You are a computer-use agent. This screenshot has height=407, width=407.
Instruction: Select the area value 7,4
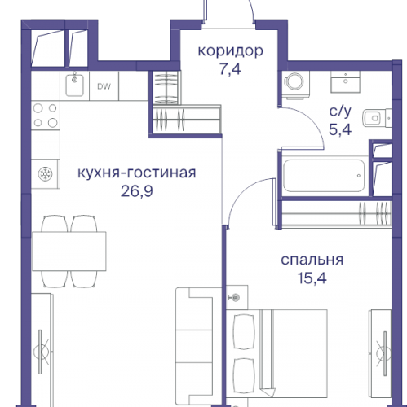tap(231, 70)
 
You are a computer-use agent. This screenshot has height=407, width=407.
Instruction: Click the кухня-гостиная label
tap(137, 173)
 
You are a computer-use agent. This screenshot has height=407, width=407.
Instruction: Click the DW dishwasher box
tap(104, 85)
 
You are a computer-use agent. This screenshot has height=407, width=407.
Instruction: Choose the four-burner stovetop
tap(46, 116)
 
